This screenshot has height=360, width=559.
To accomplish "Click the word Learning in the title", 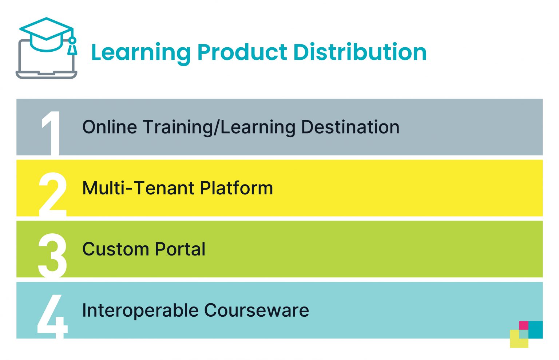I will [x=140, y=52].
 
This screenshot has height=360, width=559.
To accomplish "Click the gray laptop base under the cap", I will [x=46, y=75].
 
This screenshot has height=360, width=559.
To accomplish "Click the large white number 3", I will [x=52, y=255].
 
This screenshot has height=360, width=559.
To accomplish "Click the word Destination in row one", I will [x=350, y=127].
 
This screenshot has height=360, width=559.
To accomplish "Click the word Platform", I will [x=237, y=188].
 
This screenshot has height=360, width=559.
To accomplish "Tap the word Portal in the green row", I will [x=180, y=249].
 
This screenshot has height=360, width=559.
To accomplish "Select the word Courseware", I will [x=256, y=310].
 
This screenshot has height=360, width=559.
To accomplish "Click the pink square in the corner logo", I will [x=523, y=325].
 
